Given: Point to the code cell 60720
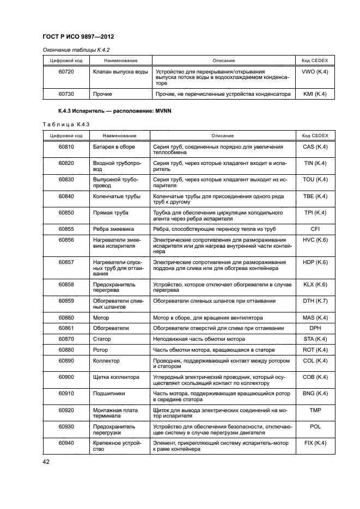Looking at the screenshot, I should [66, 72].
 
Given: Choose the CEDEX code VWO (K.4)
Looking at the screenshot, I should [314, 72].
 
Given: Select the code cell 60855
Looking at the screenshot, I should [66, 229].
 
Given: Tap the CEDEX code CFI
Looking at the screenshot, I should [314, 229].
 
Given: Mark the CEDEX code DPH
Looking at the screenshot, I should [314, 328].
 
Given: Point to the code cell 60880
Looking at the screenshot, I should [66, 349].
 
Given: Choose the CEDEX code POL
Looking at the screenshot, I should [314, 426].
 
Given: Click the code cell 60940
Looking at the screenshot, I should [66, 443].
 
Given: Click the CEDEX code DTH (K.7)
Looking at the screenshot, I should [314, 301].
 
